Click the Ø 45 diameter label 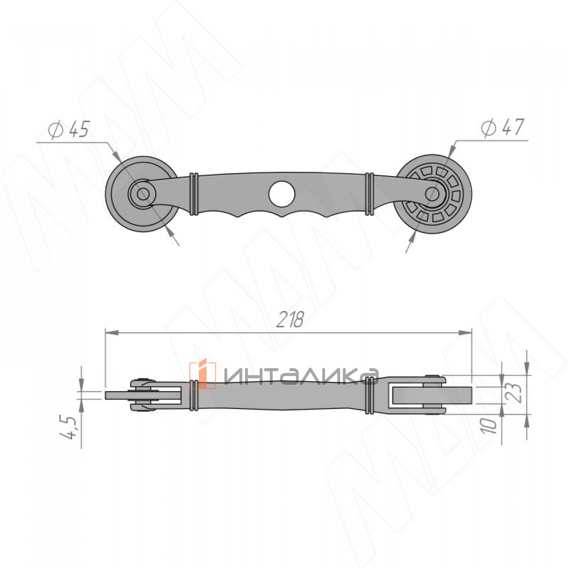[69, 129]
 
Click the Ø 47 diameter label [502, 127]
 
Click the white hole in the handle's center [282, 194]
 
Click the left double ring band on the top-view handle [194, 194]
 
